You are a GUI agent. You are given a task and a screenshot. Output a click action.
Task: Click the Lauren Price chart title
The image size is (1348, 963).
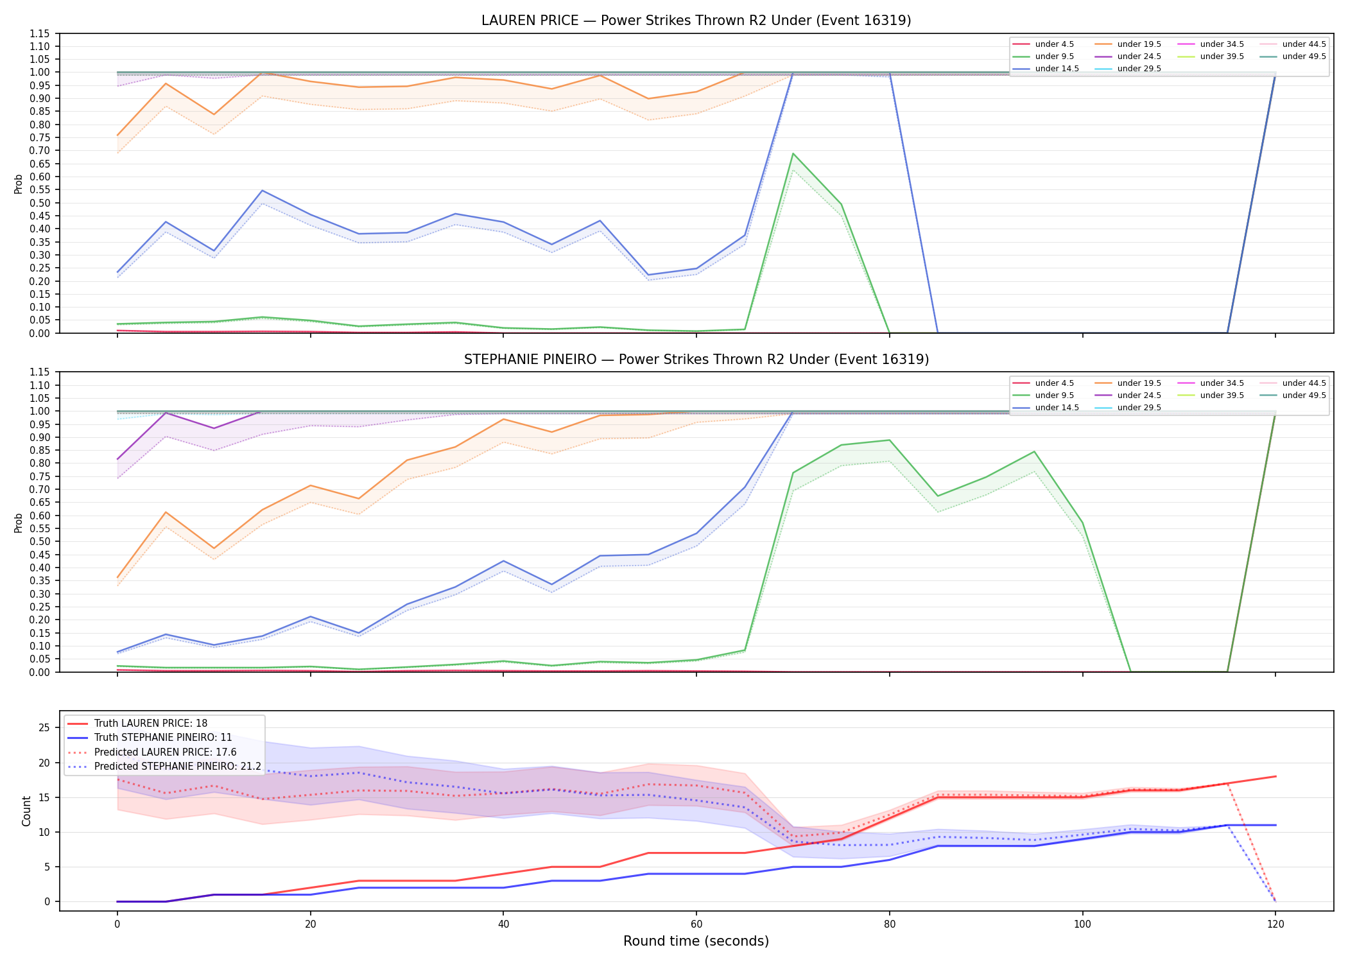point(696,21)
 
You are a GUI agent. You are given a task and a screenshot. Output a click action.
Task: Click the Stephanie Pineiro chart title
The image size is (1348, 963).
point(696,360)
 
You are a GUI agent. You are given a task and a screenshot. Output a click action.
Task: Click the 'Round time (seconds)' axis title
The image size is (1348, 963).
point(696,941)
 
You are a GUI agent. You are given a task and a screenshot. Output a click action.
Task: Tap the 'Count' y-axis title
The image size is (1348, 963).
point(26,811)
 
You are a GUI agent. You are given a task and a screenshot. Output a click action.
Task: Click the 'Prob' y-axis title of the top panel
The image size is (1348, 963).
point(19,184)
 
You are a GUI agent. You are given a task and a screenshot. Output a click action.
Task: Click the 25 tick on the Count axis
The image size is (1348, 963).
point(44,728)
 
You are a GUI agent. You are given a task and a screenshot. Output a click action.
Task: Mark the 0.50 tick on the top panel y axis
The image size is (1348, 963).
point(39,203)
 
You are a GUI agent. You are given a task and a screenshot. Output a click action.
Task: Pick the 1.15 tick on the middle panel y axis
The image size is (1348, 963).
point(39,372)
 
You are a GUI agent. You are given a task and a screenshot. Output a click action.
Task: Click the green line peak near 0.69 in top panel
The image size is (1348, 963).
point(793,153)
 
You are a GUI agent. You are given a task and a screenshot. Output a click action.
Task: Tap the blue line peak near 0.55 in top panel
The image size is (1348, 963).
point(262,191)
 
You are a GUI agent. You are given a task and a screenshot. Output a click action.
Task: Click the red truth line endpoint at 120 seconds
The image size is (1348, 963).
point(1275,777)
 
